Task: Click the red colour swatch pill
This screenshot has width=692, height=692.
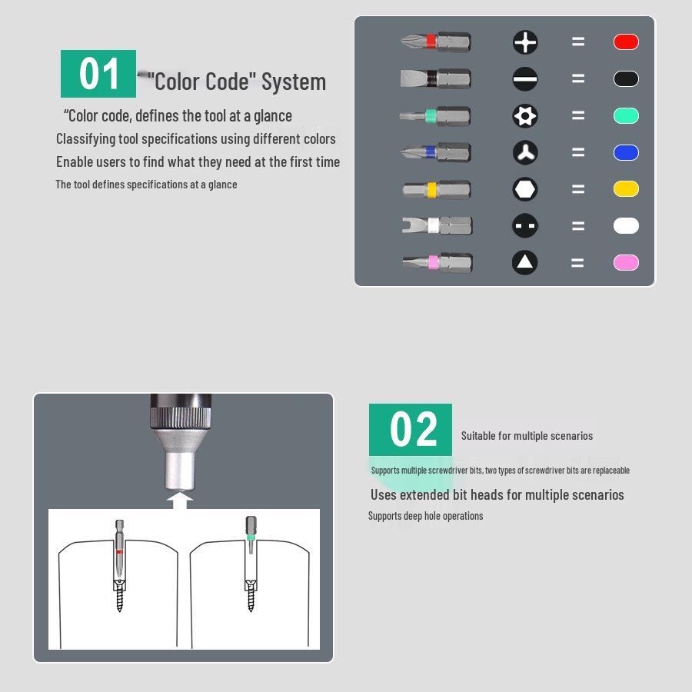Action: pyautogui.click(x=626, y=42)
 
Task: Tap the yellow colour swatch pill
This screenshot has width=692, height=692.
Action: pyautogui.click(x=626, y=189)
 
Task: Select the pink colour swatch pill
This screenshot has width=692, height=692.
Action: pyautogui.click(x=626, y=263)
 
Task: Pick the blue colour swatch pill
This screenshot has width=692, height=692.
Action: pyautogui.click(x=626, y=152)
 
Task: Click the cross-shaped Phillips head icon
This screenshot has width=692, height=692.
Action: pyautogui.click(x=525, y=42)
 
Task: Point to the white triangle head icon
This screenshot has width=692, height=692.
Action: pyautogui.click(x=524, y=263)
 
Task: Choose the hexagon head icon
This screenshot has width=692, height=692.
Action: pyautogui.click(x=525, y=189)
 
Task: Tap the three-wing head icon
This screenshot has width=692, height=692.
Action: pyautogui.click(x=525, y=153)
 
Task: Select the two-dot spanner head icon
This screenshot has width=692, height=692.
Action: pyautogui.click(x=525, y=226)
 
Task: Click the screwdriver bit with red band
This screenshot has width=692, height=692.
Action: pyautogui.click(x=436, y=42)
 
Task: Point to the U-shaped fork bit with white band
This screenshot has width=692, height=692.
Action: pyautogui.click(x=437, y=225)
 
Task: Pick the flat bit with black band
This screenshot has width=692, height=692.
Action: pyautogui.click(x=436, y=79)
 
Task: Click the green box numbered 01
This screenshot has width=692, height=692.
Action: pyautogui.click(x=98, y=74)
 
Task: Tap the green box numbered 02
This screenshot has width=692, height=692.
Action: pyautogui.click(x=411, y=429)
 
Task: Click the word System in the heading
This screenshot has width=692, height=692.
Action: pyautogui.click(x=294, y=82)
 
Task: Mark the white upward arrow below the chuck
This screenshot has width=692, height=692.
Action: pyautogui.click(x=180, y=501)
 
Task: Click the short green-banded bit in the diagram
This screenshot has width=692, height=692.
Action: pyautogui.click(x=251, y=534)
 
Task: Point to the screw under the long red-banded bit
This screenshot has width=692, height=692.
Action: pyautogui.click(x=119, y=596)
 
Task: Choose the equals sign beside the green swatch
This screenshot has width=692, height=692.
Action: pyautogui.click(x=578, y=115)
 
